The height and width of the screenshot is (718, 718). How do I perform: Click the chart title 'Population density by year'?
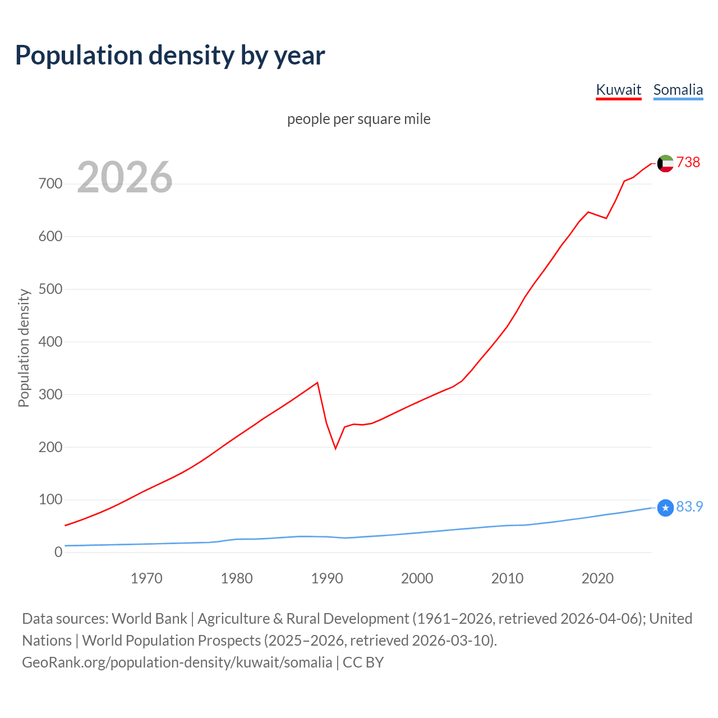coord(170,56)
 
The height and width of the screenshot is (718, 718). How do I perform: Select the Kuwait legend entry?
coord(618,90)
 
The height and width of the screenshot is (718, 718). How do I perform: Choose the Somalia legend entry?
coord(678,90)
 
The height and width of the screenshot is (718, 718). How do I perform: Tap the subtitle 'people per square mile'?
coord(358,119)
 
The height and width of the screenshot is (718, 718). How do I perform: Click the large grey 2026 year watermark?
coord(125,177)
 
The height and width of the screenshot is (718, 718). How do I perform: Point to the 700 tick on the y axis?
coord(50,184)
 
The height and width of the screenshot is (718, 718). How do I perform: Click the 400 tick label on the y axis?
coord(50,342)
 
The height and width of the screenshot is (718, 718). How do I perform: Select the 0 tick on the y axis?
coord(58,553)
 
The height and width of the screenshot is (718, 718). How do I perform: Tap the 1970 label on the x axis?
coord(146,578)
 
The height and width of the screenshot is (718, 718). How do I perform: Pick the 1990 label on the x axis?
coord(327,578)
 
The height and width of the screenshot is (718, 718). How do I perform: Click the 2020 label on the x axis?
coord(597,578)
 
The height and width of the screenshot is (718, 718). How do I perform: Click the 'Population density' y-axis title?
coord(24,348)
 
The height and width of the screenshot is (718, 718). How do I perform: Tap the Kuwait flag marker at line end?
coord(665,163)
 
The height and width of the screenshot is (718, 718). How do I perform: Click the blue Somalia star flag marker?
coord(665,508)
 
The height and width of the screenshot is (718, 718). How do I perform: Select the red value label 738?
coord(688,162)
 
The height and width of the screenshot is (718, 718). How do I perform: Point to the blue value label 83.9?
coord(689,507)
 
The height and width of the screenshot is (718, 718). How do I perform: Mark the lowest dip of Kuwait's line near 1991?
coord(335,448)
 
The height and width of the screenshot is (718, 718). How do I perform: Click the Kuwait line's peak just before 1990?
coord(317,383)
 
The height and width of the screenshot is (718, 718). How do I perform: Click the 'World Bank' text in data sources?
coord(149,619)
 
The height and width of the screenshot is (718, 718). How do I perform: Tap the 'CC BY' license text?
coord(363,662)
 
